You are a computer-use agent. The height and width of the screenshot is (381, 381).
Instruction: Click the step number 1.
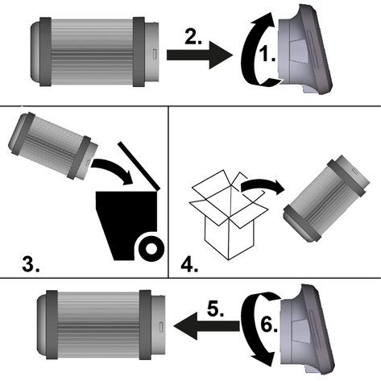pos(267,55)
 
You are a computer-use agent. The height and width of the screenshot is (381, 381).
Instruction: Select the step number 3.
pos(31,264)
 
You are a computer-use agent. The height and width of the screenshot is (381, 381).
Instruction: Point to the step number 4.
pos(189,265)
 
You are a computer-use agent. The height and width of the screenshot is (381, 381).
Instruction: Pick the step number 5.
pos(215,309)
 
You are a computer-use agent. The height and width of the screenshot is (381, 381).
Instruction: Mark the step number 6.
pos(269,325)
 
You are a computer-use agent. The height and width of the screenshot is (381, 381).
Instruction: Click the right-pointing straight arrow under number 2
pos(200,55)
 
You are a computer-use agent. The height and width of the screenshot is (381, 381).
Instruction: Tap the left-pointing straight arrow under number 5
pos(206,326)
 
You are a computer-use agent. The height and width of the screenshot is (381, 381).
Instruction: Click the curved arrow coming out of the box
pos(264,184)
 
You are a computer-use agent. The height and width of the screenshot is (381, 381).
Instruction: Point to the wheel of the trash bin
pos(151,249)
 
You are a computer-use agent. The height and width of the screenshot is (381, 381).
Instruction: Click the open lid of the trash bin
pos(139,166)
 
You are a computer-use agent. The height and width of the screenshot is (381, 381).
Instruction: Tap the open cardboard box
pos(229,215)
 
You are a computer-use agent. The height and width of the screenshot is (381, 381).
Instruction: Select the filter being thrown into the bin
pos(53,146)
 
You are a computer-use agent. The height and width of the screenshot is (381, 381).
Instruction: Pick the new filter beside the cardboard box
pos(326,198)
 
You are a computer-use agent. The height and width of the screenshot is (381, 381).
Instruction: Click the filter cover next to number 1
pos(305,50)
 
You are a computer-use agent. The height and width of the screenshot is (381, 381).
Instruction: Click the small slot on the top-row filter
pos(155,54)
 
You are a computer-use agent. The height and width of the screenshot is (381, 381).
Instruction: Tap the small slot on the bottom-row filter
pos(161,326)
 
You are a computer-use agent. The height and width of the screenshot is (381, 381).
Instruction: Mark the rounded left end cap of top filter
pos(35,52)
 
